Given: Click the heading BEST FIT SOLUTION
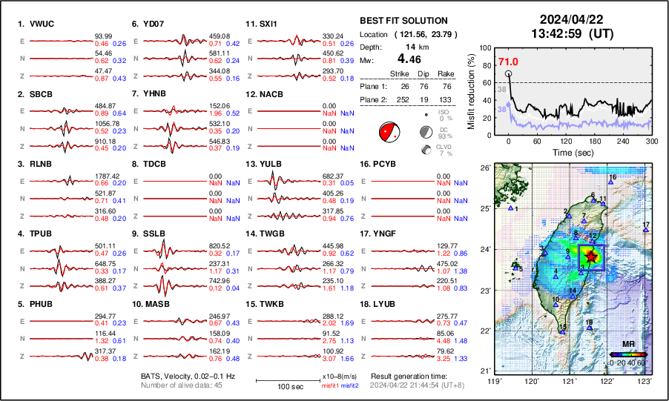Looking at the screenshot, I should [403, 21].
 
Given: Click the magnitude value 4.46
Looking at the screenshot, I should [406, 58].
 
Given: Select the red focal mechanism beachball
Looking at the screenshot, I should [389, 132].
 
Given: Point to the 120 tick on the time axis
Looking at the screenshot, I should [566, 140].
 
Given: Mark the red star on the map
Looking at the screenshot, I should [590, 256].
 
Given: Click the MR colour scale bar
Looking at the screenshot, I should [627, 354].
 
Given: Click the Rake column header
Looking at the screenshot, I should [448, 73].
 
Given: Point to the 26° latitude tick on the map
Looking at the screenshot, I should [484, 168].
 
